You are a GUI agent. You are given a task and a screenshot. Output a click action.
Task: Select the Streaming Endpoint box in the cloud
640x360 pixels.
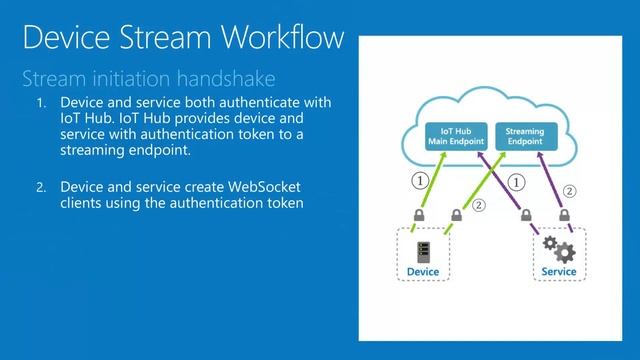(x=525, y=137)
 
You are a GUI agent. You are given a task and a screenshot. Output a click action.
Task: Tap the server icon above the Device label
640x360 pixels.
(x=423, y=251)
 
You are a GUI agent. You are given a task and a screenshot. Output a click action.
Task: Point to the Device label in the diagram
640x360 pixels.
(x=423, y=271)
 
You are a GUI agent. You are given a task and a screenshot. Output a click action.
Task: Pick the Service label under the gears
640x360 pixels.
(x=558, y=271)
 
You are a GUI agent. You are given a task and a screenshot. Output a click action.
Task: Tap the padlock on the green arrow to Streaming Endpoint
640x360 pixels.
(x=456, y=215)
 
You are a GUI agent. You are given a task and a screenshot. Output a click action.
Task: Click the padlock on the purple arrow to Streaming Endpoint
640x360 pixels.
(x=565, y=215)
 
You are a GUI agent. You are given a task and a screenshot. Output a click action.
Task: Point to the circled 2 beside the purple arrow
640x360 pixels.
(x=570, y=190)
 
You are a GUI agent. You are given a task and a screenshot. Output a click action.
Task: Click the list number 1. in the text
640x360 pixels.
(x=41, y=104)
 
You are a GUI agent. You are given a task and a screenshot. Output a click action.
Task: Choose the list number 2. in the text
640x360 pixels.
(x=41, y=187)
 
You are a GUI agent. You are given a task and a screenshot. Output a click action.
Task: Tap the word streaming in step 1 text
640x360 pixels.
(x=95, y=150)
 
